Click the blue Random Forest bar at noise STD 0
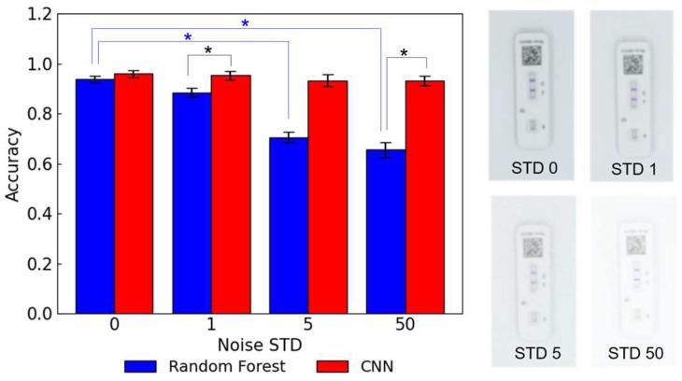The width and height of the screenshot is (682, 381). (x=95, y=196)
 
